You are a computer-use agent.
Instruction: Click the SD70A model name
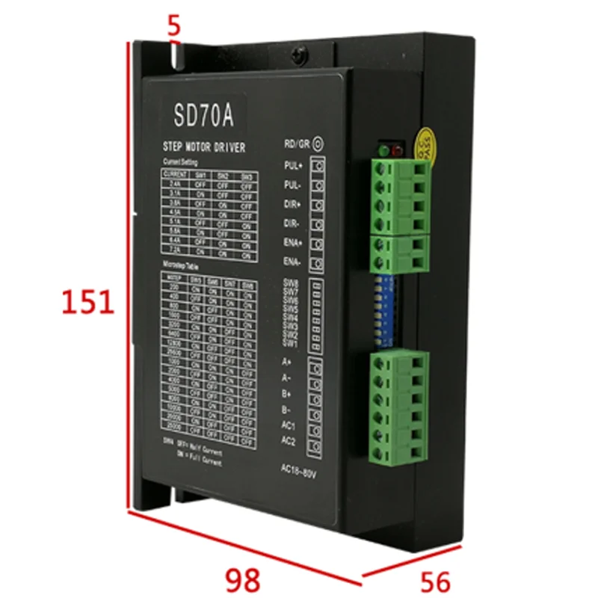204,116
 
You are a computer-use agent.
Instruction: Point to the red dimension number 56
436,581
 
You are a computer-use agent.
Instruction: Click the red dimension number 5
174,27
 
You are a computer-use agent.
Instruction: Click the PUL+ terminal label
294,164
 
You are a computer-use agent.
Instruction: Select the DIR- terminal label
293,223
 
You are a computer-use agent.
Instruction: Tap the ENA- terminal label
293,261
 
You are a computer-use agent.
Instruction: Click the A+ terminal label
287,362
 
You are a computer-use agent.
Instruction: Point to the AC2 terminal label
290,441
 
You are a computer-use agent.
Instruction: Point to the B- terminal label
288,409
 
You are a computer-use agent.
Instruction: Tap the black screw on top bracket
300,55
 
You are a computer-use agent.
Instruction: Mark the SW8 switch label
291,284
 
